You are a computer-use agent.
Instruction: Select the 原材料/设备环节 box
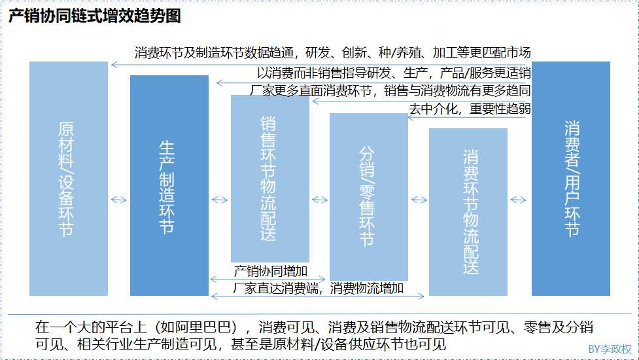tap(68, 178)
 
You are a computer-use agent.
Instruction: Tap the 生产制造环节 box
tap(169, 185)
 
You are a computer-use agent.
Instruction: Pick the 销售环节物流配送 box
tap(269, 178)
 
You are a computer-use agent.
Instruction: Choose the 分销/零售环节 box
tap(369, 196)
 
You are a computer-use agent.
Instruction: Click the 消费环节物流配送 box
tap(468, 211)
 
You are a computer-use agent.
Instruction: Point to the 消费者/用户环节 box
tap(570, 178)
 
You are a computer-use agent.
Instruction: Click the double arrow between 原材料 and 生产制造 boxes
tap(119, 200)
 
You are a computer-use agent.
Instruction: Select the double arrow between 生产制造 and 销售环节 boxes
tap(220, 200)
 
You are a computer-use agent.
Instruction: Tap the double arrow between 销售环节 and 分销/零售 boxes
tap(319, 200)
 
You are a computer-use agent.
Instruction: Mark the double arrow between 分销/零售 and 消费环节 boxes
tap(419, 200)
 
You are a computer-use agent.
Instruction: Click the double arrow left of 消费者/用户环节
tap(519, 200)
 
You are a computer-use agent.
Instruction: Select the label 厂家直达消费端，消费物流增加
tap(318, 288)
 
